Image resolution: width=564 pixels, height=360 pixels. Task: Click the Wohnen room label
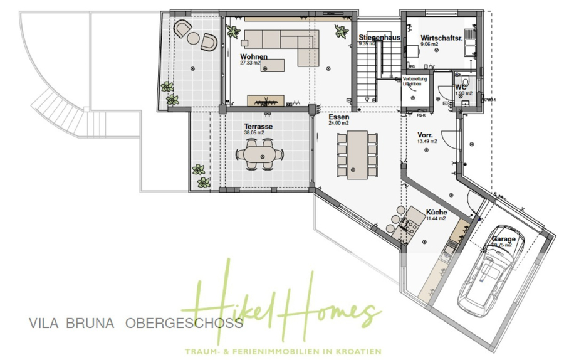pos(254,57)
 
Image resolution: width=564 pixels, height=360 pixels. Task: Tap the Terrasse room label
pos(258,126)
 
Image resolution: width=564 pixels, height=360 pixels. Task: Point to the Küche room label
pos(436,212)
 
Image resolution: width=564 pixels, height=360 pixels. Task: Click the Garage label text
pos(504,239)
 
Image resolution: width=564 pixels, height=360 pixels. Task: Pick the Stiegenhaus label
pos(379,38)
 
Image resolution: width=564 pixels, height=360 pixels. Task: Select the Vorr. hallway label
pos(426,135)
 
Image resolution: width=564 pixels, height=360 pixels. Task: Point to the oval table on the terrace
pos(258,154)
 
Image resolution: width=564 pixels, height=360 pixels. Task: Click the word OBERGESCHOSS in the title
pos(184,324)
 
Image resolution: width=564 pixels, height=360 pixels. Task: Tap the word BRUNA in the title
pos(90,324)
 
